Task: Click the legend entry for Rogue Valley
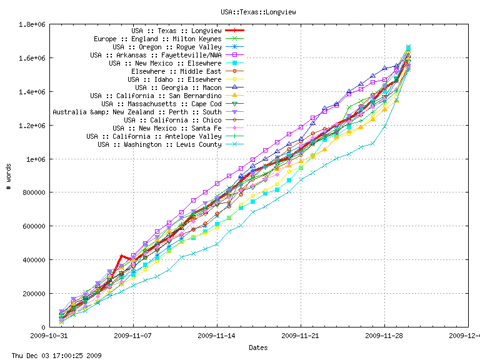click(167, 47)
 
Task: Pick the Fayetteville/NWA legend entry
click(156, 55)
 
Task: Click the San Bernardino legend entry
click(156, 96)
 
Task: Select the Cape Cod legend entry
click(161, 104)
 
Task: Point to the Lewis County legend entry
click(159, 144)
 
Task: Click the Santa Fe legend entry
click(167, 128)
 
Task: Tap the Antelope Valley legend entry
click(154, 136)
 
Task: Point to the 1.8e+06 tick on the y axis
click(31, 24)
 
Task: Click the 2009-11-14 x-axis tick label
click(217, 335)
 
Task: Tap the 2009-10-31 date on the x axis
click(49, 335)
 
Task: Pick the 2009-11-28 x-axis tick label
click(384, 335)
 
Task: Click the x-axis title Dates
click(258, 347)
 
